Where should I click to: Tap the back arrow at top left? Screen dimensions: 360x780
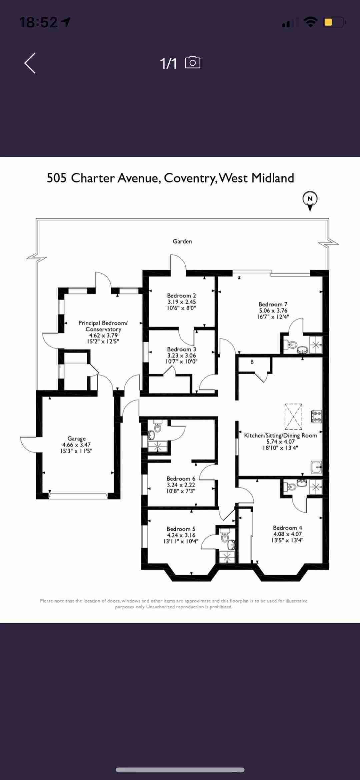click(30, 63)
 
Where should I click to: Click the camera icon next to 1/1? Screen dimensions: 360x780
click(193, 62)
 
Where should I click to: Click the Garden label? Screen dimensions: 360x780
click(182, 241)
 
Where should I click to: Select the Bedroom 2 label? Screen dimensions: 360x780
click(181, 295)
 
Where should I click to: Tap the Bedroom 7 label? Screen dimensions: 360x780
click(273, 304)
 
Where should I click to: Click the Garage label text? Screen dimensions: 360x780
click(77, 439)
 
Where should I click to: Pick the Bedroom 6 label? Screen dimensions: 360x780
click(181, 479)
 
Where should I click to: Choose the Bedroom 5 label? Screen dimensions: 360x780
click(181, 529)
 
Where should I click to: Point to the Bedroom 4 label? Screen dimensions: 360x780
click(287, 528)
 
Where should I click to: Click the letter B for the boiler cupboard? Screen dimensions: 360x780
click(252, 362)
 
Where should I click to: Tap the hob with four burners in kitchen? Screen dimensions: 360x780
click(316, 417)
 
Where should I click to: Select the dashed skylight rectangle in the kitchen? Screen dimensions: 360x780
click(293, 417)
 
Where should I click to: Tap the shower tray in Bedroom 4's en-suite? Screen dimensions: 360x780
click(316, 487)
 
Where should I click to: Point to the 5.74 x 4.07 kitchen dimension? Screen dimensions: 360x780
click(281, 442)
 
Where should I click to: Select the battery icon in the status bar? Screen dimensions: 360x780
click(334, 22)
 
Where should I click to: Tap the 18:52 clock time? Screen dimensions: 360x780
click(39, 22)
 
